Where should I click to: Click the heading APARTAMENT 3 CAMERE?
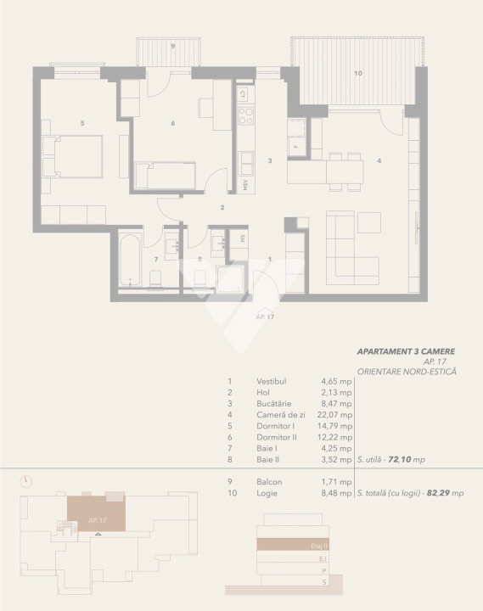(407, 350)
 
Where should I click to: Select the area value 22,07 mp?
(335, 415)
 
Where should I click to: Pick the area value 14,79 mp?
(335, 426)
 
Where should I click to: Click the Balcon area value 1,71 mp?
(337, 481)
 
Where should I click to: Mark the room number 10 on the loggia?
(358, 74)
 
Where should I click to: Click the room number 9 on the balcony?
(172, 46)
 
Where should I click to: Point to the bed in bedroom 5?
(72, 156)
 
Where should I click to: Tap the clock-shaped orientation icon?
(27, 481)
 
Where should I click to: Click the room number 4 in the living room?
(379, 160)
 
